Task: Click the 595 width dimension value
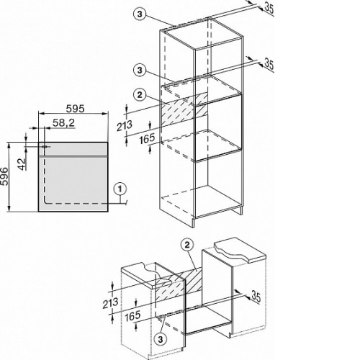pos(76,109)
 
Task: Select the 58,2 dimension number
pos(63,123)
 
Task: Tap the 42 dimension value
pos(22,164)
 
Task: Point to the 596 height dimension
pos(4,176)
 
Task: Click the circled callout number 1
pos(120,189)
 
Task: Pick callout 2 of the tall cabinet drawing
pos(140,95)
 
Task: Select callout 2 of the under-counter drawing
pos(187,245)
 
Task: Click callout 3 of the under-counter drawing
pos(161,339)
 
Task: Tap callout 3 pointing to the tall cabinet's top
pos(140,14)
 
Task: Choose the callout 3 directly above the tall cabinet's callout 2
pos(140,71)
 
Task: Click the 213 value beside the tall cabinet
pos(125,126)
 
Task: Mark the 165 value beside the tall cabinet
pos(147,139)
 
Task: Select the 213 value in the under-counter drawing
pos(110,303)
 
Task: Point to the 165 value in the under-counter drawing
pos(132,316)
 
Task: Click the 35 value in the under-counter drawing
pos(256,297)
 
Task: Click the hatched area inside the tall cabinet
pos(184,109)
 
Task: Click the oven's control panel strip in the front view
pos(73,149)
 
